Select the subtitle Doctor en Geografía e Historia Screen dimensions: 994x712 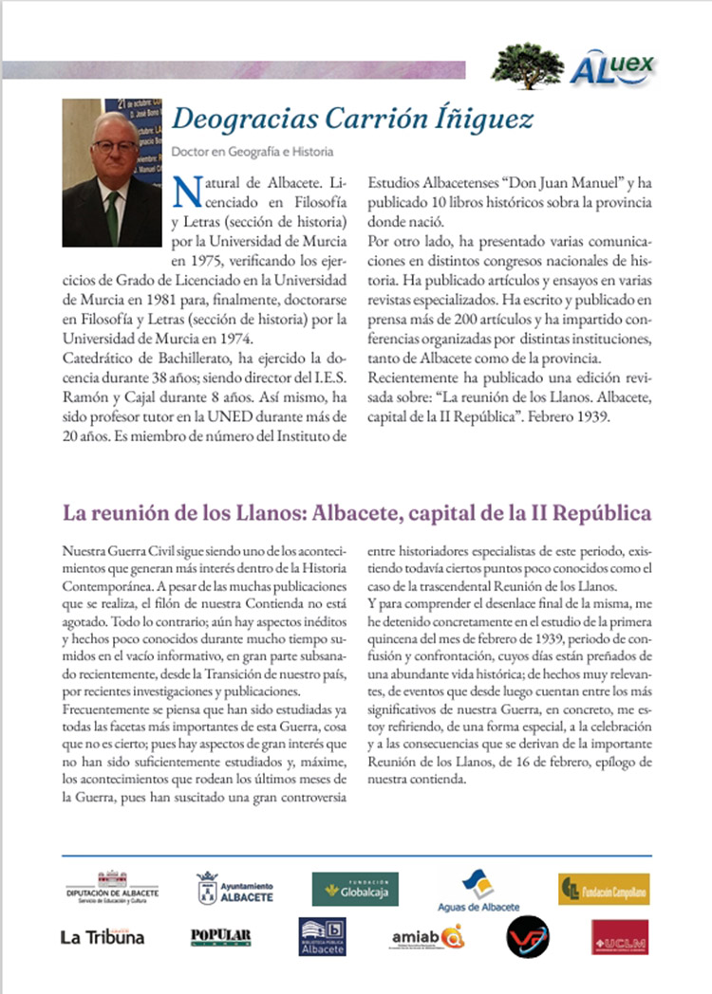(253, 151)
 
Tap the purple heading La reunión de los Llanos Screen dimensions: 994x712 (356, 513)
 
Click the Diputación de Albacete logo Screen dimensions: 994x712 (112, 888)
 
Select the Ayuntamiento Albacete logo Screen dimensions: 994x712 (234, 888)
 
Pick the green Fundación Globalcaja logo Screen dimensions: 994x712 (355, 889)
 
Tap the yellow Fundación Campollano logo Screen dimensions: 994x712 (603, 889)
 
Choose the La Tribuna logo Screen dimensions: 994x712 (103, 937)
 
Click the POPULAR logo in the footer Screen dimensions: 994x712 (221, 936)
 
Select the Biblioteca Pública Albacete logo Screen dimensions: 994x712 (322, 936)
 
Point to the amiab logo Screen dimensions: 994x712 (426, 937)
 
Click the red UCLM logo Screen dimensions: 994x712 (619, 936)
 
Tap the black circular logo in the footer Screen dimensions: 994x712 (527, 936)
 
